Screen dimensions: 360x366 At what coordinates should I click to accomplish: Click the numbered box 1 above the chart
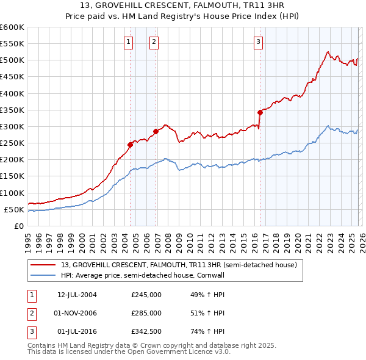(129, 41)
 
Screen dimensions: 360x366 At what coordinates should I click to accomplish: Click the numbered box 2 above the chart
(154, 41)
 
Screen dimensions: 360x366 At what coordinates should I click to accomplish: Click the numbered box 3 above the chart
(258, 41)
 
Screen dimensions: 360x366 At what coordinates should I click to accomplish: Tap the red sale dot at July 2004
(131, 145)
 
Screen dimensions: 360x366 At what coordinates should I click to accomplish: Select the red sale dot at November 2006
(156, 131)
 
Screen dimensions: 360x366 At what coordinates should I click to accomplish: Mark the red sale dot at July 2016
(260, 112)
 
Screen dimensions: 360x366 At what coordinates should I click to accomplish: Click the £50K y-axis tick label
(14, 209)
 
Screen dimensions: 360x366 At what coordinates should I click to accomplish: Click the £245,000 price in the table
(146, 295)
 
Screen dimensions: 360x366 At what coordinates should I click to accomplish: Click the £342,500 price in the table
(146, 331)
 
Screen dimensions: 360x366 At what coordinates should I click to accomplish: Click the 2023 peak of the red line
(328, 52)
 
